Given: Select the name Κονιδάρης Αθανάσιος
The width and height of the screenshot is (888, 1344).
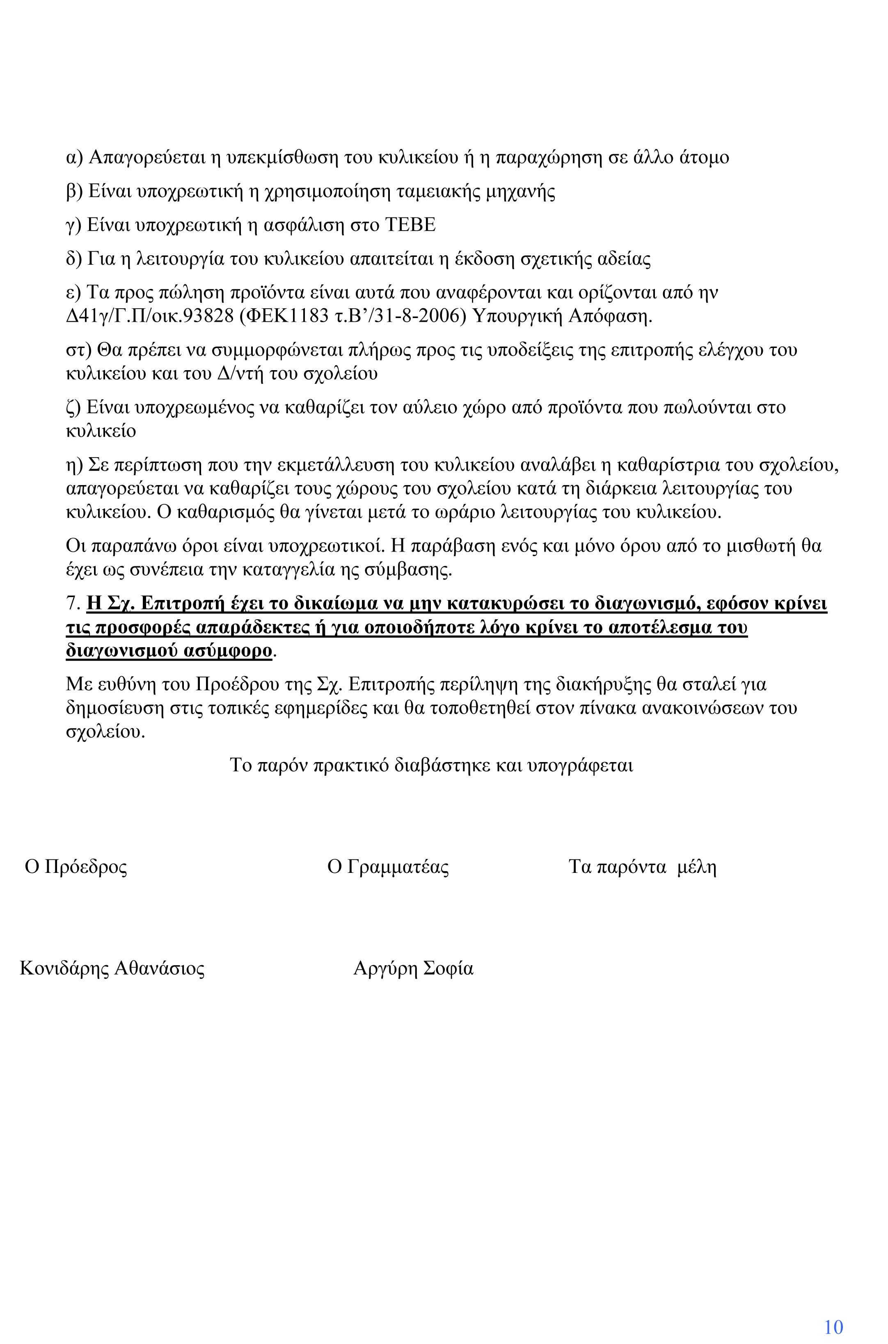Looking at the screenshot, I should coord(112,969).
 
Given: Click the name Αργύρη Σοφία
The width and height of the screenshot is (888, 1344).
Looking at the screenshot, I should coord(413,969).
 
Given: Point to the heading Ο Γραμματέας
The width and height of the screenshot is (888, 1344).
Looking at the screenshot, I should coord(388,867).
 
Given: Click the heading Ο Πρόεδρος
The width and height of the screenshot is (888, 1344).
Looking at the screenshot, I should coord(76,867).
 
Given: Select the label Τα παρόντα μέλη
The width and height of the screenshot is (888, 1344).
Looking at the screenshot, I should coord(642,867).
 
